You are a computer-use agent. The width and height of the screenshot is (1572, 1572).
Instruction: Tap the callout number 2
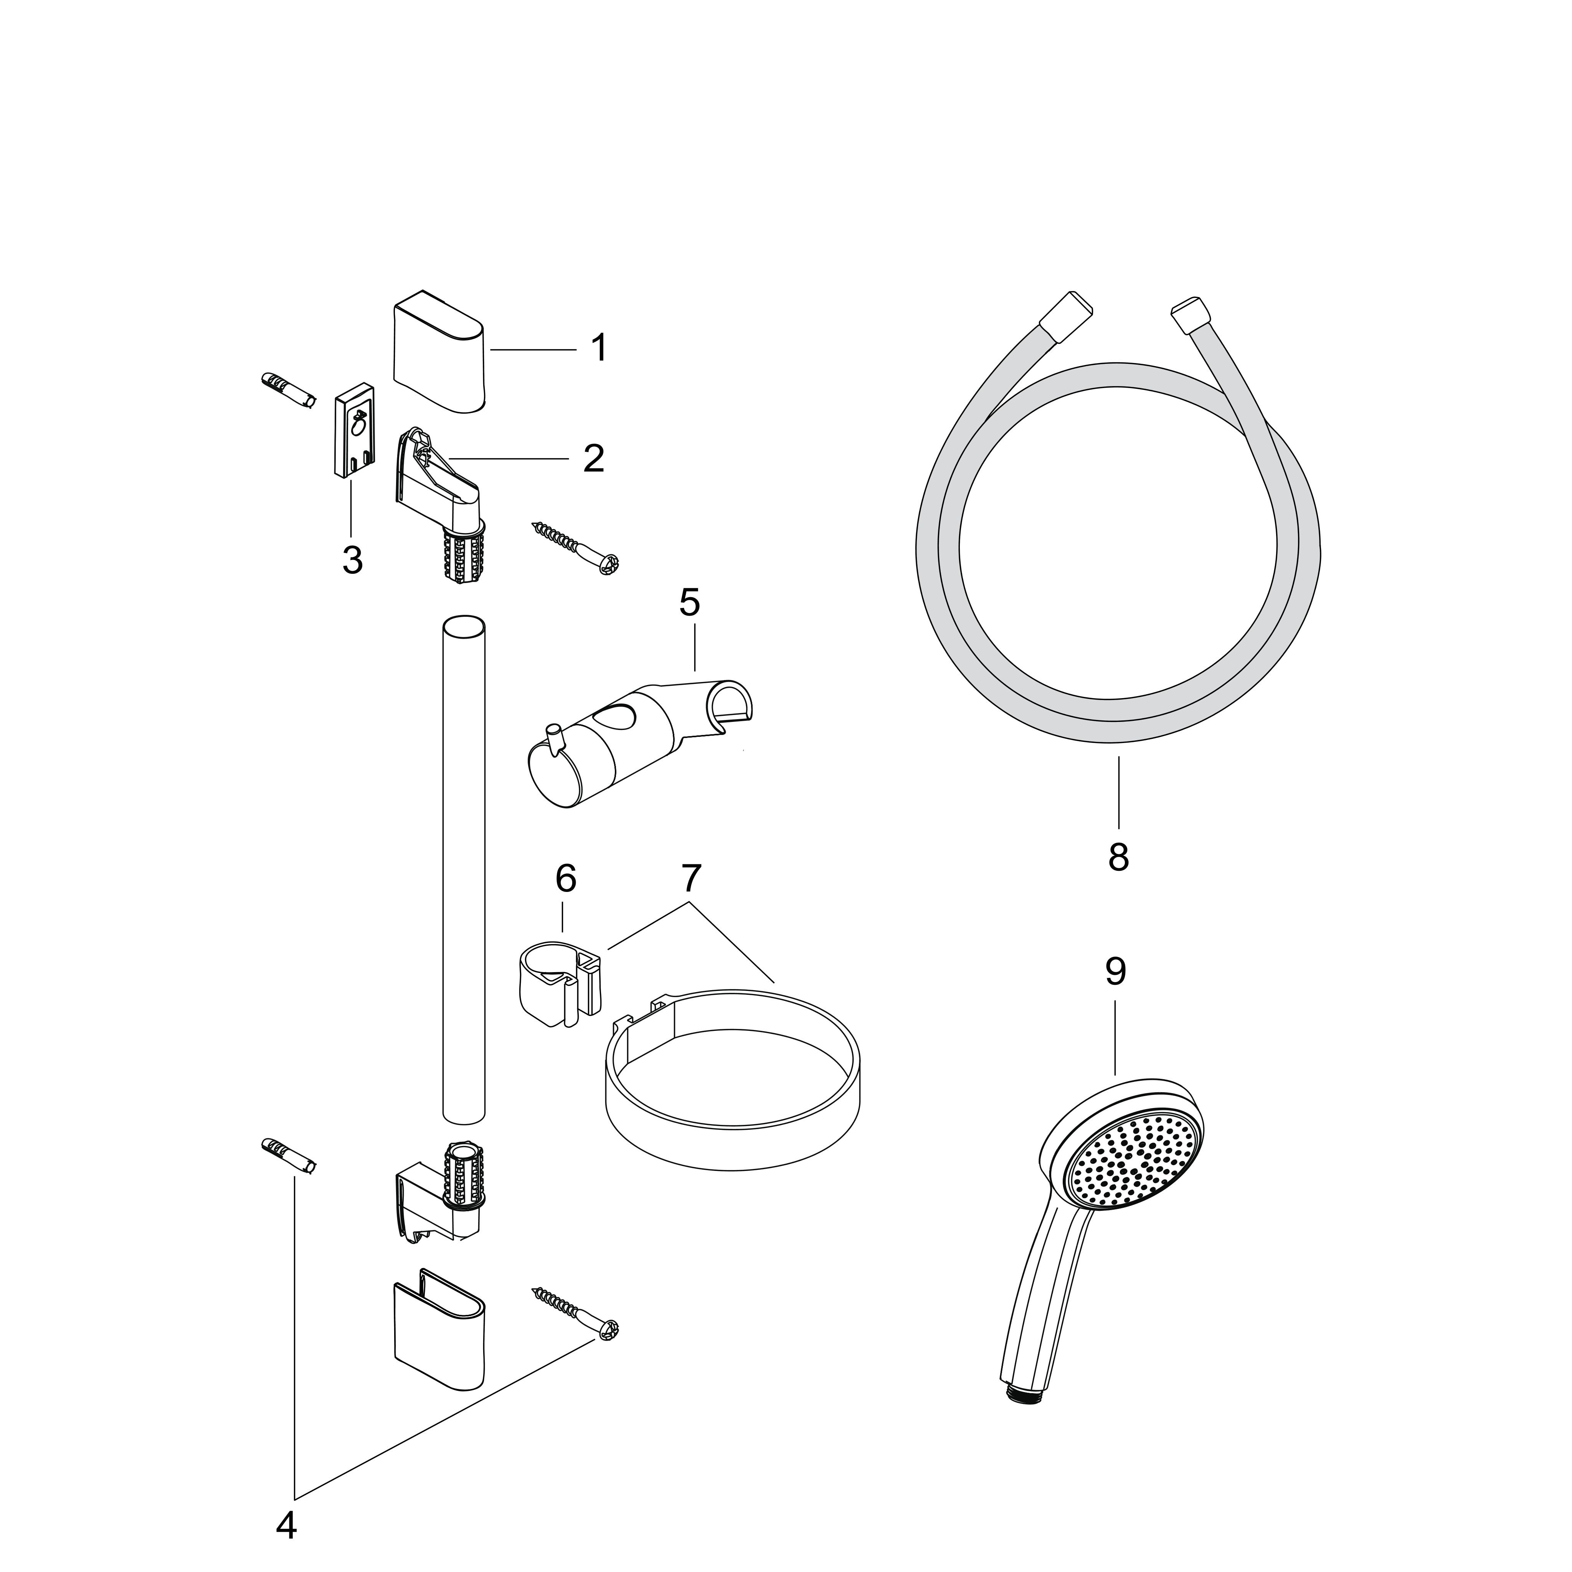point(594,459)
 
